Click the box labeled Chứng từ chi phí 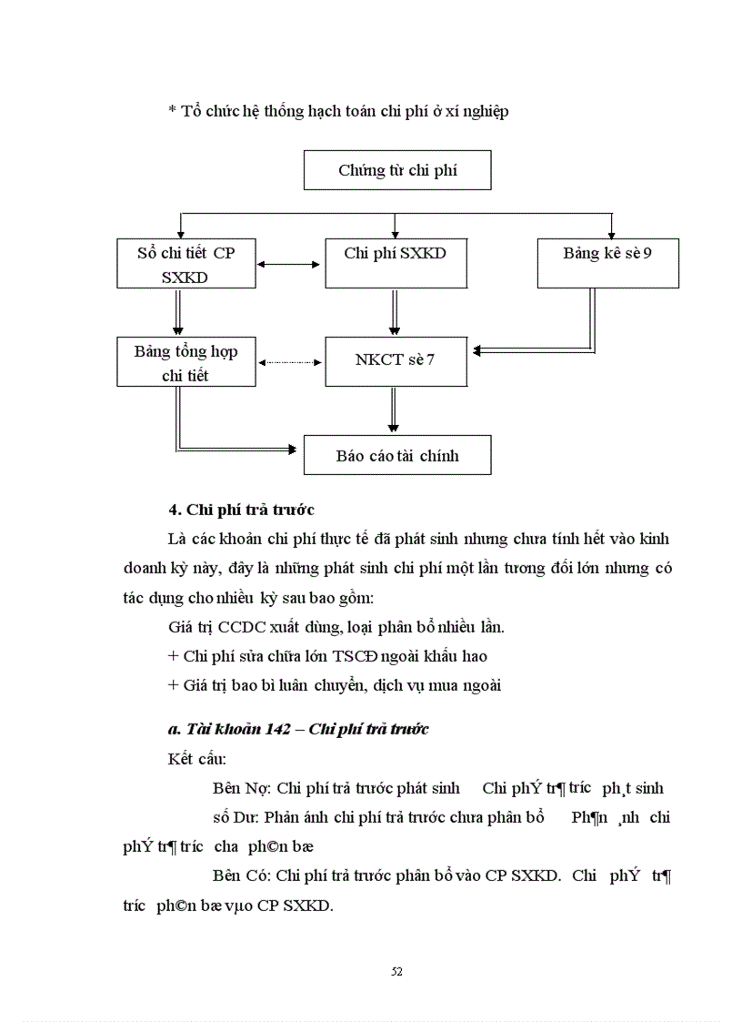(397, 170)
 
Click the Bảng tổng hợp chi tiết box (185, 361)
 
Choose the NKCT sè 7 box (395, 360)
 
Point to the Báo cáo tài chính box (397, 455)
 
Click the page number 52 (396, 971)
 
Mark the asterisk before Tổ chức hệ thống (172, 112)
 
